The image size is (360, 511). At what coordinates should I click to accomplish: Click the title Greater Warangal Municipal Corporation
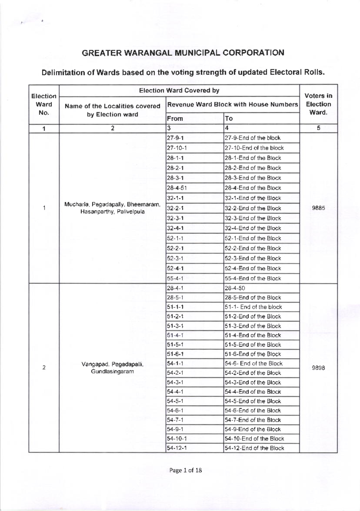coord(183,53)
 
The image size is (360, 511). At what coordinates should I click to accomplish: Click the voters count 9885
coord(318,208)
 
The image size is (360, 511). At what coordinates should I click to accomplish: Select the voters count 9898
coord(318,368)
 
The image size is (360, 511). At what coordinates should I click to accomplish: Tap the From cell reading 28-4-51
coord(177,188)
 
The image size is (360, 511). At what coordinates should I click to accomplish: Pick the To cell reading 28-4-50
coord(235,288)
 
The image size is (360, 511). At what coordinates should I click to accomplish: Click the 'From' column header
coord(175,118)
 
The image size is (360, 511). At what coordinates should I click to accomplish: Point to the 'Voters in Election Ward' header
coord(318,104)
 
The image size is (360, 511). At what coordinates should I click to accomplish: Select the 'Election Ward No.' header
coord(44,104)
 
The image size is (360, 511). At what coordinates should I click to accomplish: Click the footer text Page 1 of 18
coord(185,470)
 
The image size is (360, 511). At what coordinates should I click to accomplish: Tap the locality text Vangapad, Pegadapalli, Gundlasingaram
coord(112,368)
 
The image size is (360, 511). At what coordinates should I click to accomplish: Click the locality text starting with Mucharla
coord(112,208)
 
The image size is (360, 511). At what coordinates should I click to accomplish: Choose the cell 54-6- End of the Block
coord(253,363)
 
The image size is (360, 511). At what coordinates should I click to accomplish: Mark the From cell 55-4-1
coord(175,278)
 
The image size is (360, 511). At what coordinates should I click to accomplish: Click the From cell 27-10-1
coord(177,148)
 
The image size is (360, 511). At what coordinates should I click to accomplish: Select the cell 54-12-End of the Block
coord(254,448)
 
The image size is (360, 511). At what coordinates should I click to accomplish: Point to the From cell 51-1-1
coord(175,307)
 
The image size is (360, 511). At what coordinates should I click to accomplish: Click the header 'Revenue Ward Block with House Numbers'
coord(232,104)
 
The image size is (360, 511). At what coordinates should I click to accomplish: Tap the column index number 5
coord(318,128)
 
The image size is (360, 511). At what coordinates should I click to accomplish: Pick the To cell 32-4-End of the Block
coord(253,228)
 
